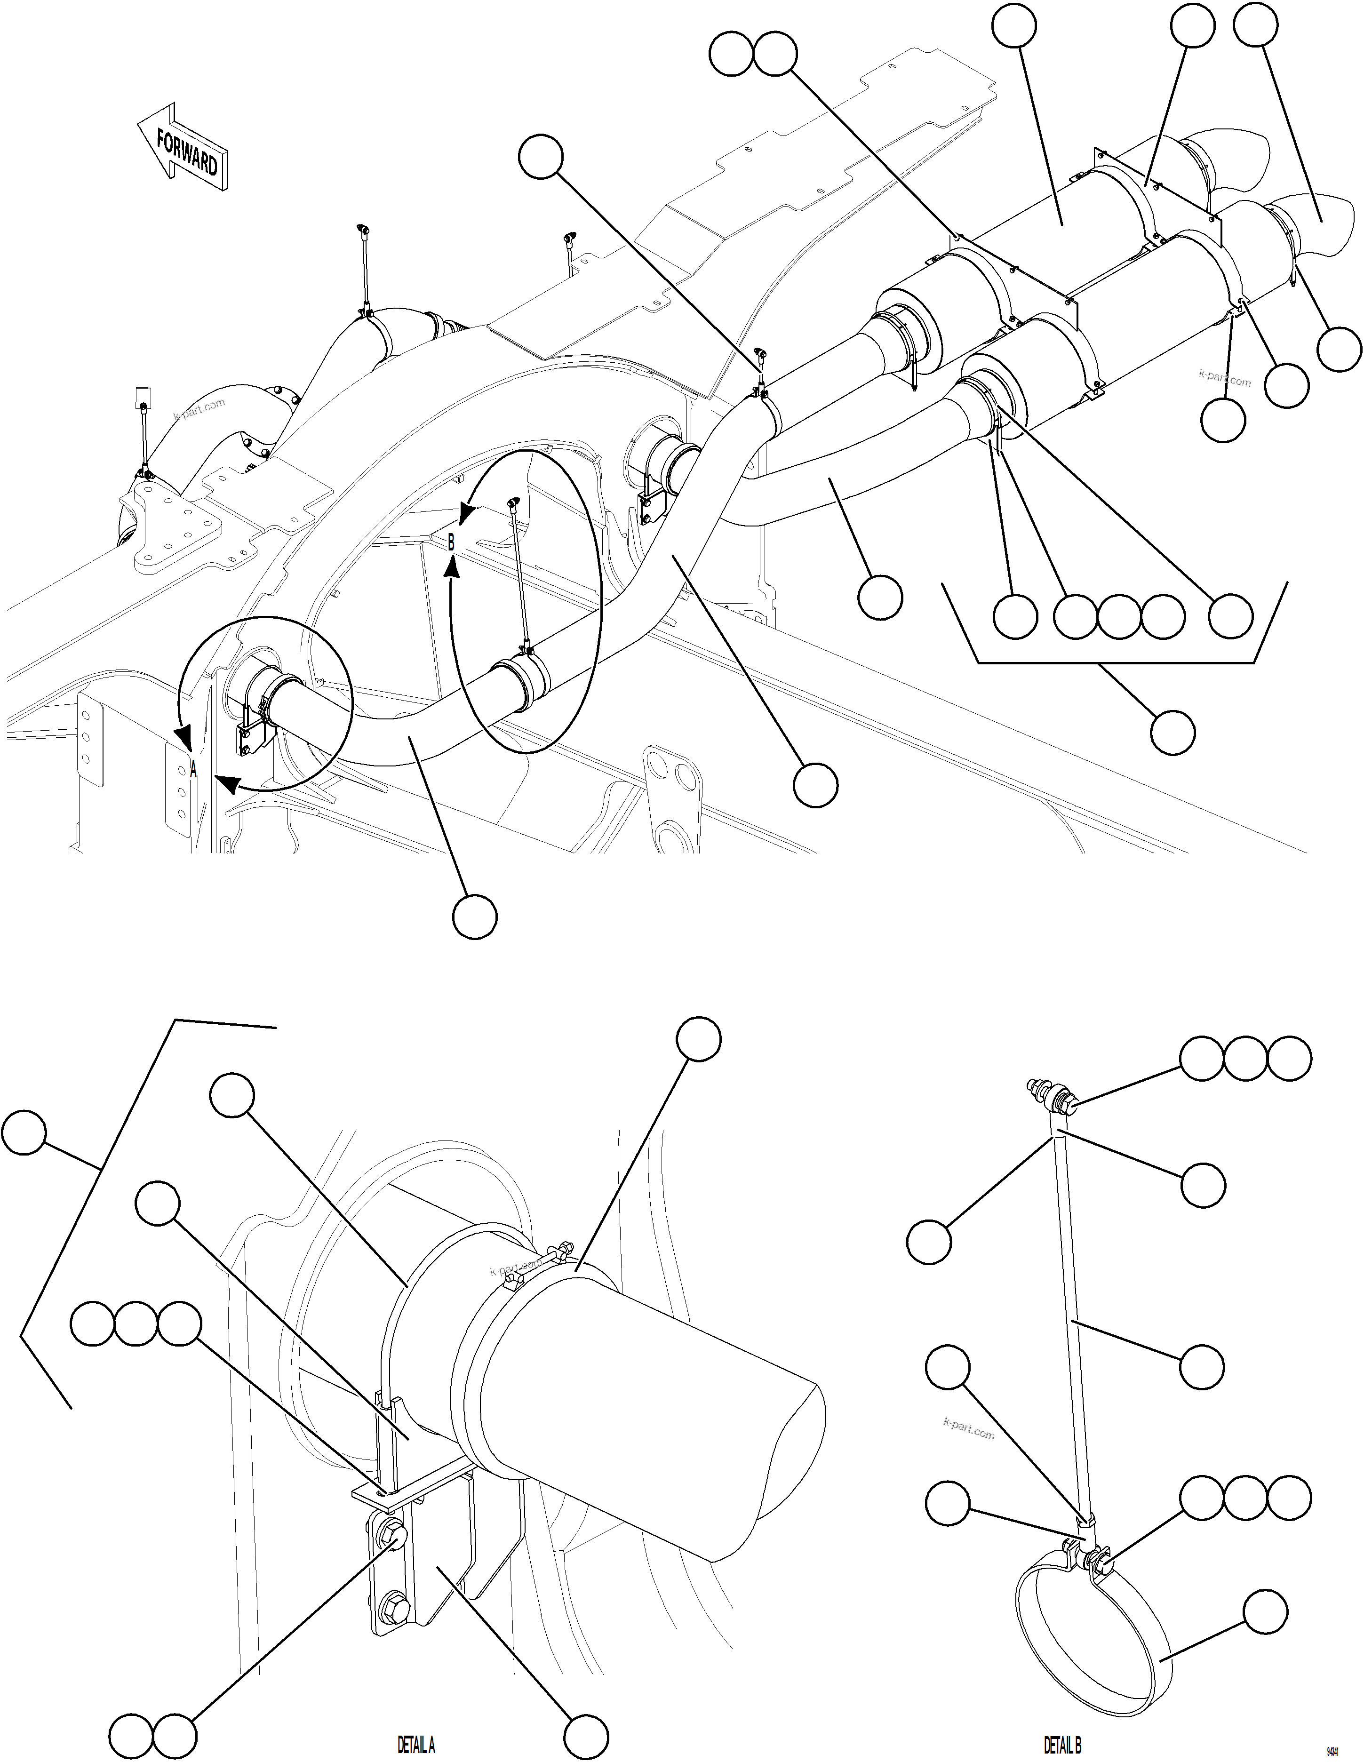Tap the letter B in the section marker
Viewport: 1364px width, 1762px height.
(451, 543)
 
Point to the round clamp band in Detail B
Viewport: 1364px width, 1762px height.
(1081, 1646)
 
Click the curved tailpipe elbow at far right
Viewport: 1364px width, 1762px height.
(1307, 222)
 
